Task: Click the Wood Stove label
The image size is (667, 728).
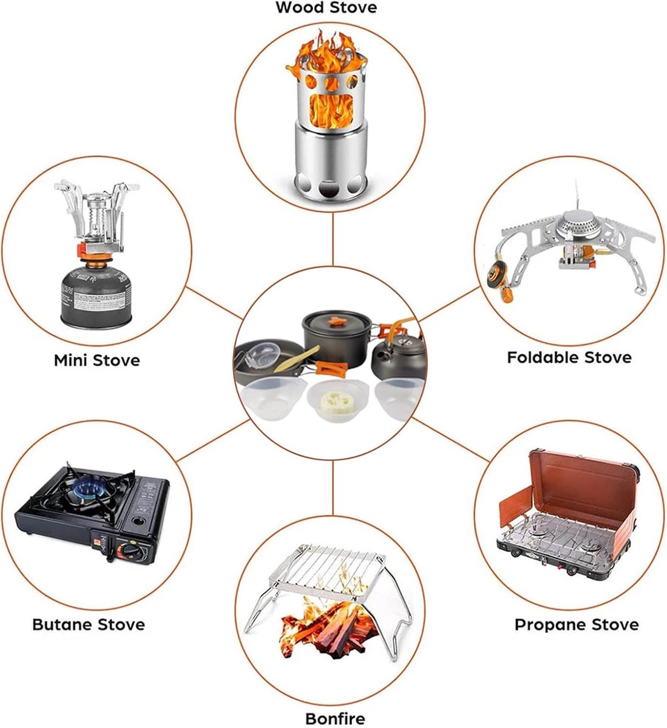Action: [x=326, y=7]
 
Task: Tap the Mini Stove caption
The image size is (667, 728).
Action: [x=97, y=360]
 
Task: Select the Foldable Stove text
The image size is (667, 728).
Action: [x=569, y=357]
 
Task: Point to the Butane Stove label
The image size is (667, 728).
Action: [x=89, y=625]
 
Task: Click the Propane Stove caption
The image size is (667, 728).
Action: [x=577, y=625]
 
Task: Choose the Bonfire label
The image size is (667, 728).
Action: [x=335, y=709]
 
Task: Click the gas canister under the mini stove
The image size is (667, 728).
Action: [x=95, y=295]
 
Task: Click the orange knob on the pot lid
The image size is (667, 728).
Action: [x=336, y=321]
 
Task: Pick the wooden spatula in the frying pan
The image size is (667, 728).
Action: [x=296, y=360]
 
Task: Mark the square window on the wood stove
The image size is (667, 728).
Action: [x=331, y=109]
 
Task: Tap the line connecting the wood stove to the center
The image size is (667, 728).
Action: [x=333, y=240]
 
